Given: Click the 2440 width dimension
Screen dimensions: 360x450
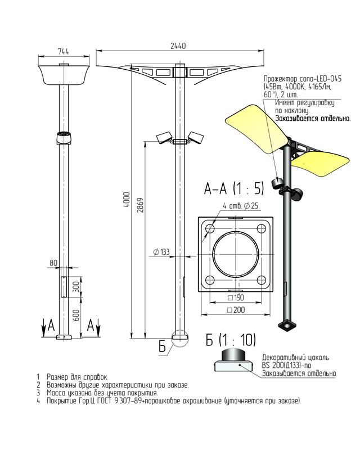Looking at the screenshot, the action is point(178,46).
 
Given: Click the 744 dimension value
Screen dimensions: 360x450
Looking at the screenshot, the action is point(64,52).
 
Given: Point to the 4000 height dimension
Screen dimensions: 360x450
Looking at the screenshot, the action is point(127,200).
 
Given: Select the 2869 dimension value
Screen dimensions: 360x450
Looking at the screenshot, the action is point(140,205).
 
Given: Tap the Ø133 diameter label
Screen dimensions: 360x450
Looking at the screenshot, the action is point(161,252).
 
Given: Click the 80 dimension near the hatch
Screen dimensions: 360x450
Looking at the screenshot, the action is point(53,263).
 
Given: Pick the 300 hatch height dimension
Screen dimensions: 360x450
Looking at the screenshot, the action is point(76,287).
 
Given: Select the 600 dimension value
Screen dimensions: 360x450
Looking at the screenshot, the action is point(76,316).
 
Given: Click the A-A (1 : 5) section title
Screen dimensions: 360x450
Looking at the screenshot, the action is point(233,188).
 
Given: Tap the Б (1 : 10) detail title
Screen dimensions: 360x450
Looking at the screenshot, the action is point(231,340).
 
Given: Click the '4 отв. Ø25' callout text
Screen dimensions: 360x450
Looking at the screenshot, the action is point(241,206).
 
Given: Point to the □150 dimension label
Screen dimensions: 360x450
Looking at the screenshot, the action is point(236,298).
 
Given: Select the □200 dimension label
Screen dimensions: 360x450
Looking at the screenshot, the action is point(236,310).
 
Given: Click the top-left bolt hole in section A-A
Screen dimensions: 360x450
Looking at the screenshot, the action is point(210,228).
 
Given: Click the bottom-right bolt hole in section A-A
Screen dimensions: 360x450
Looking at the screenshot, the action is point(261,280).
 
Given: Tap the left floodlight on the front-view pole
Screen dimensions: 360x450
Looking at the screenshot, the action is point(164,137).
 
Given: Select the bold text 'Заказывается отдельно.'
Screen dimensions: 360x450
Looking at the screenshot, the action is point(313,118).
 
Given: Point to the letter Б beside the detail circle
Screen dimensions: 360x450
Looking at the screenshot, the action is point(162,346).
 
